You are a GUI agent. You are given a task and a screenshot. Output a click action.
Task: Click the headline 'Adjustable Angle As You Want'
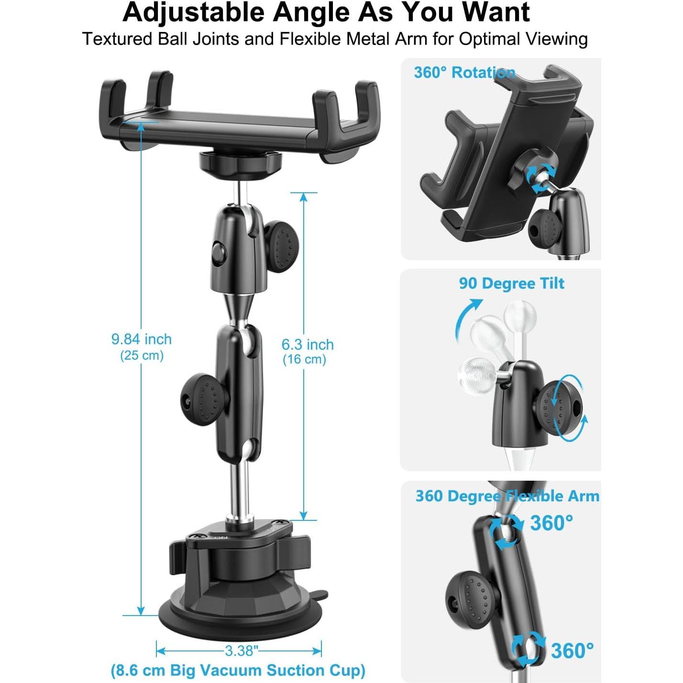pos(326,12)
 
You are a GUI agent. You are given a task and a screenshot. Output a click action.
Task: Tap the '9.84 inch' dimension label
pos(141,339)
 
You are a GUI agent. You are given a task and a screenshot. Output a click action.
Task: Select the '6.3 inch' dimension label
pos(307,344)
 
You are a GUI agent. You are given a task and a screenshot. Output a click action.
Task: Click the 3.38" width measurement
pos(242,650)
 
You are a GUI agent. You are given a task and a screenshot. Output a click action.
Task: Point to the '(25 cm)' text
pos(142,355)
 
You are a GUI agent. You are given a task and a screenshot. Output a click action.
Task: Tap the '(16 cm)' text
pos(304,359)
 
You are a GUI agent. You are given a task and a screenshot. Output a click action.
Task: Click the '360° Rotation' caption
pos(464,73)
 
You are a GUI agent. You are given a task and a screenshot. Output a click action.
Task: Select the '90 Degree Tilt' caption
pos(511,283)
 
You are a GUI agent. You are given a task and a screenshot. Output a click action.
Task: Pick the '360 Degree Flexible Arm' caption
pos(507,496)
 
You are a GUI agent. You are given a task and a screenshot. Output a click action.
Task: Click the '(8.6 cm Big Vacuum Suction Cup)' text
pos(238,670)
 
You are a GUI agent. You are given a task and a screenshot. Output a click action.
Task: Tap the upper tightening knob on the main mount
pos(281,246)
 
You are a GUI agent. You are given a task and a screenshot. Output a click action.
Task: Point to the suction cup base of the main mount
pos(239,607)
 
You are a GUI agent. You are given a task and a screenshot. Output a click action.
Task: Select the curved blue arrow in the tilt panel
pos(466,318)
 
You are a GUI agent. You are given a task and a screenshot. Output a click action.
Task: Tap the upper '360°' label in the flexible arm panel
pos(551,523)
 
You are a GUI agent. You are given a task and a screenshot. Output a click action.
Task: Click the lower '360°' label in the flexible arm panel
pos(572,651)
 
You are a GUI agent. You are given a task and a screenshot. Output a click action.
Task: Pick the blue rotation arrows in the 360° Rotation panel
pos(539,179)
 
